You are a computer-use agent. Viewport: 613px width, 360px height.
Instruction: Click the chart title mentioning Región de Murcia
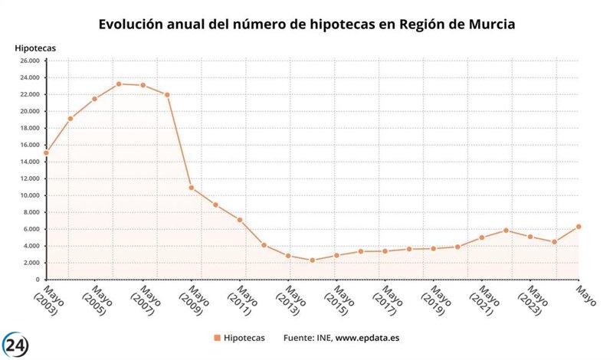[x=306, y=25]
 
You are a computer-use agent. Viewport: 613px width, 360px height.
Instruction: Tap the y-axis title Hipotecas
[x=35, y=48]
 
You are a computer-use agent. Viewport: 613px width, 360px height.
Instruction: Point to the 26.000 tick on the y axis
[x=29, y=61]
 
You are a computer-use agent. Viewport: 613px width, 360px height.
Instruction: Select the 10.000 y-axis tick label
[x=29, y=195]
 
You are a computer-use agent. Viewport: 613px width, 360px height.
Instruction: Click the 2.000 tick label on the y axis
[x=31, y=263]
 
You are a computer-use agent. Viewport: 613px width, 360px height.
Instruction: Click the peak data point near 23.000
[x=119, y=83]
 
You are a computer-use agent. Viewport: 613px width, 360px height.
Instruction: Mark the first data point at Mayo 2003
[x=46, y=152]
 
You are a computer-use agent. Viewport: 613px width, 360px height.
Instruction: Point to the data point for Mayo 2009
[x=192, y=188]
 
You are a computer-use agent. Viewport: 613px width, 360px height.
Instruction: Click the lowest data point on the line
[x=313, y=260]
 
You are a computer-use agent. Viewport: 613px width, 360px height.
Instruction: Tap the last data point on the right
[x=579, y=227]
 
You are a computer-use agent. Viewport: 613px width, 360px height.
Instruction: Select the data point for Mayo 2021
[x=482, y=237]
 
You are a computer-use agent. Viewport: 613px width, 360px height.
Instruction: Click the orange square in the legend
[x=218, y=338]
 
